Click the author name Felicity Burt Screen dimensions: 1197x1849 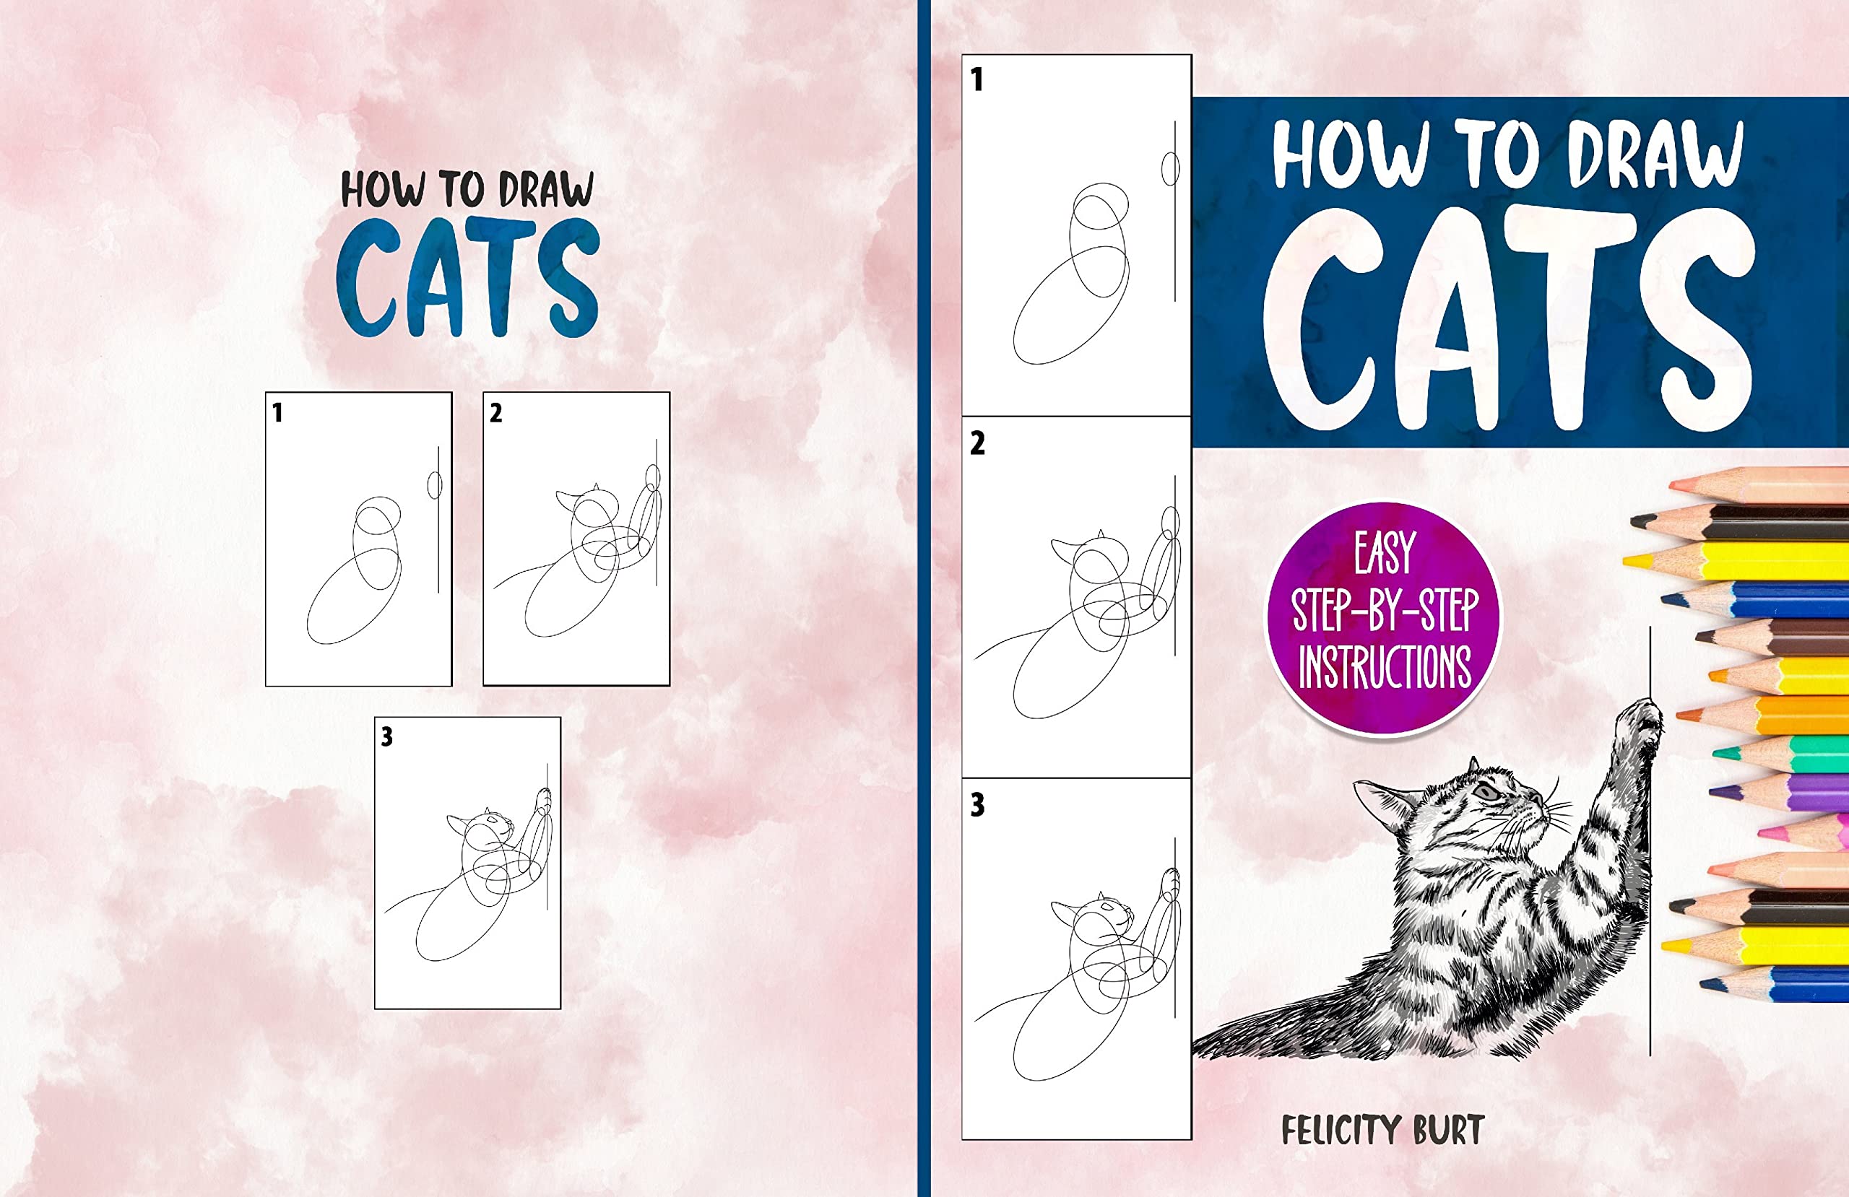coord(1382,1130)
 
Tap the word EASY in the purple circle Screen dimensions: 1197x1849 coord(1385,553)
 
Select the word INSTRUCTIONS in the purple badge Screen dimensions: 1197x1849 coord(1385,666)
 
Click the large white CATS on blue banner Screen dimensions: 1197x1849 coord(1507,318)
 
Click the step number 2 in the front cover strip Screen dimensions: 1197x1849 coord(977,443)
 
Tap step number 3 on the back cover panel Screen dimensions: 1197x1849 coord(387,736)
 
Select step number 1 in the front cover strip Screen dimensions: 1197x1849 coord(977,80)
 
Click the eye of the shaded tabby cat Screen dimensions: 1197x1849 coord(1487,792)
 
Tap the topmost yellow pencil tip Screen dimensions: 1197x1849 coord(1632,562)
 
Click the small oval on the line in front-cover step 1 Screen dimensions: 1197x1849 coord(1170,168)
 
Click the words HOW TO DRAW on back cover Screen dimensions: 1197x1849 coord(467,190)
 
